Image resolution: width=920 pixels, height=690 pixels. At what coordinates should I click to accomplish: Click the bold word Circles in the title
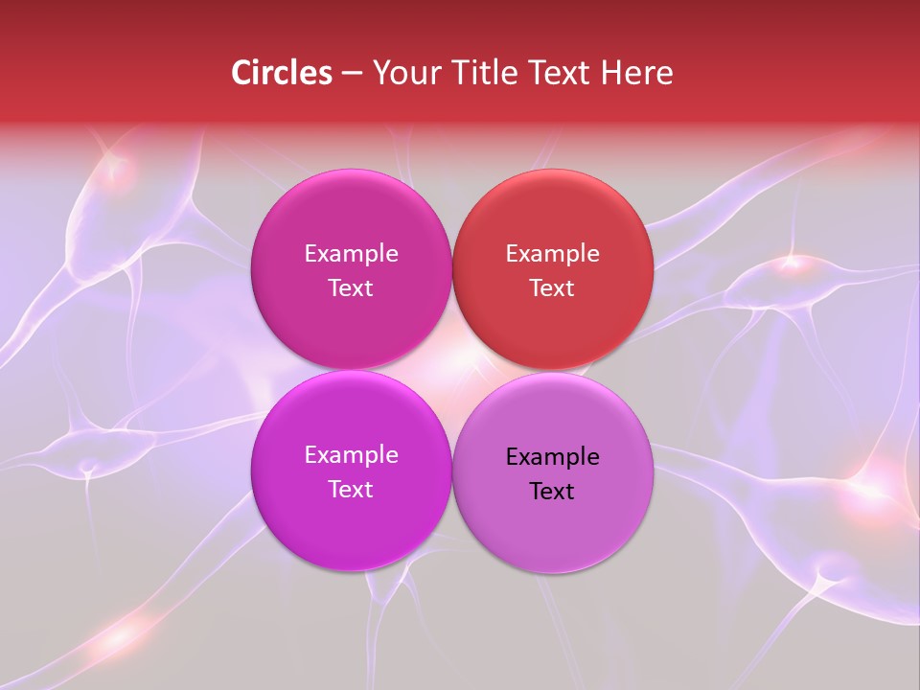(282, 73)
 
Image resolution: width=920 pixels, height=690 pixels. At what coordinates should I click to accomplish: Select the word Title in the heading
(477, 73)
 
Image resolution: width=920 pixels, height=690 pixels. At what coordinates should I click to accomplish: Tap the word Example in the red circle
(552, 254)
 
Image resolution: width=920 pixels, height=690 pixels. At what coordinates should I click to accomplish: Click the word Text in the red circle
(552, 288)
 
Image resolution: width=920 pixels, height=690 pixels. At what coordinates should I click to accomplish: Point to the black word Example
(552, 457)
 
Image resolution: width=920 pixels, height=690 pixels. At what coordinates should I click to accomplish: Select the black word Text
(552, 492)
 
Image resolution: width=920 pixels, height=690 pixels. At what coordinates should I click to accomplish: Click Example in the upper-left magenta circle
(351, 254)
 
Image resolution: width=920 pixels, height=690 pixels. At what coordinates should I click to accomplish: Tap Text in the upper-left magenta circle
(351, 288)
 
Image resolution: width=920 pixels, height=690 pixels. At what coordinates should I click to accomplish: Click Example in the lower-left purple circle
(351, 455)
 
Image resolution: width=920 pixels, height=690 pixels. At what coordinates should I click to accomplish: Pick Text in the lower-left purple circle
(351, 490)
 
